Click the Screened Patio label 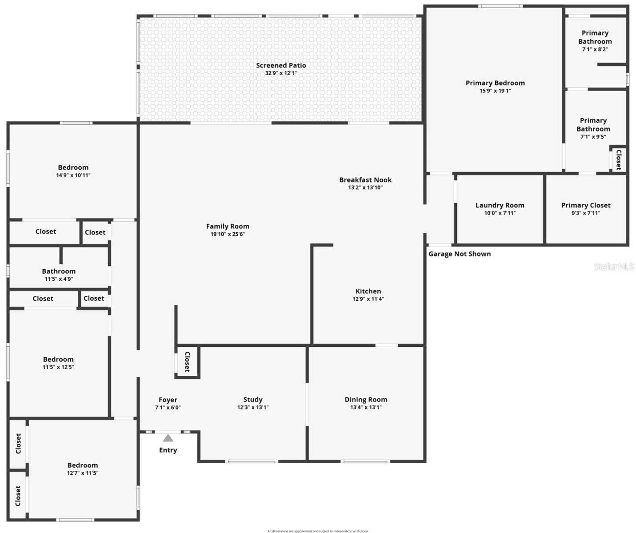point(281,65)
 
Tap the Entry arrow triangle point(168,438)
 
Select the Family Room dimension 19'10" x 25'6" point(228,234)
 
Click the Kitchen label point(368,291)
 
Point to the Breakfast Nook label point(365,180)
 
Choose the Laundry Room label point(500,205)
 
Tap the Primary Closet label point(586,205)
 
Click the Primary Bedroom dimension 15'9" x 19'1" point(495,91)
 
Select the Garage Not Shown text point(460,254)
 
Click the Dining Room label point(366,399)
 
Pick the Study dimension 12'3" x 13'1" point(253,407)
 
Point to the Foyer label point(168,400)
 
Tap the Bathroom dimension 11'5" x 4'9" point(59,279)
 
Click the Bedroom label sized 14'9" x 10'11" point(73,167)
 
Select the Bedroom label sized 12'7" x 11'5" point(83,465)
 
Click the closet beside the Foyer point(187,362)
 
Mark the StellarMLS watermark point(614,266)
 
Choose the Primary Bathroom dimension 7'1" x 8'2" point(595,49)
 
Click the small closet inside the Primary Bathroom point(618,159)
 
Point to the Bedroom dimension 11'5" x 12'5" point(58,367)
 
